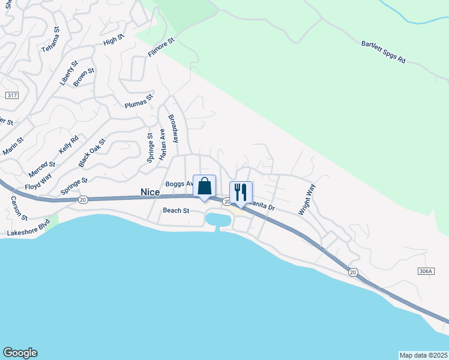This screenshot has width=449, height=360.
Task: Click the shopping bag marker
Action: [204, 187]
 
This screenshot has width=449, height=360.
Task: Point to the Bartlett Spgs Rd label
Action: [384, 53]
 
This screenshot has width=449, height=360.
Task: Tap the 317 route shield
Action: [11, 95]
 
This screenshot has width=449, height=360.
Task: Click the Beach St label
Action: [176, 211]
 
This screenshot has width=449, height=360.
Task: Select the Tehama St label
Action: [50, 40]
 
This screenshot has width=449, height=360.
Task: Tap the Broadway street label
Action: [173, 128]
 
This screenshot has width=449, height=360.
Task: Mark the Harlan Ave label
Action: [162, 145]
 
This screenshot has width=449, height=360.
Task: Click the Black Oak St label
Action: [92, 153]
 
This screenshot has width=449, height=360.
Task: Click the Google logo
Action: [20, 353]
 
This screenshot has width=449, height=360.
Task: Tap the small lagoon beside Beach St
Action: [218, 220]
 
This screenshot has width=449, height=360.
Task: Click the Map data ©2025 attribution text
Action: [424, 355]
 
